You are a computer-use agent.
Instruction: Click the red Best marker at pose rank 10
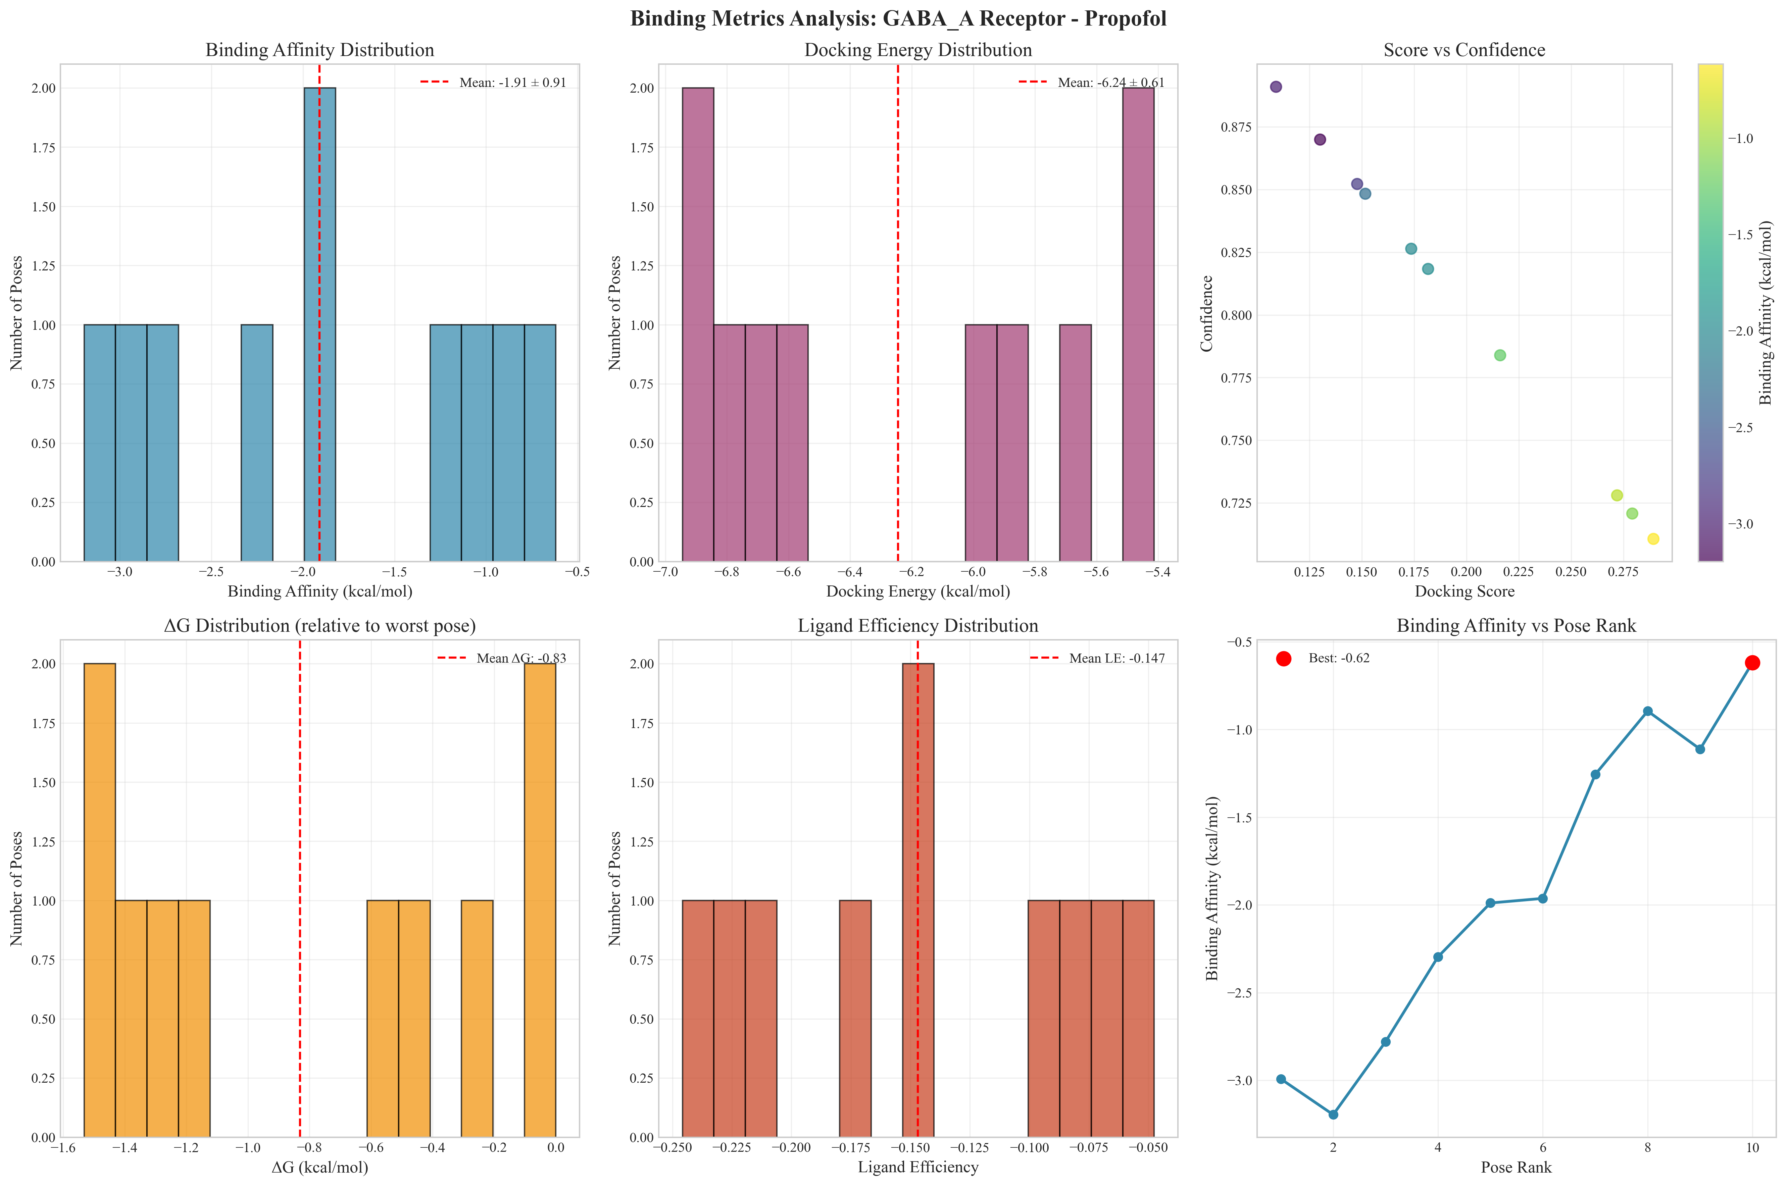1752,663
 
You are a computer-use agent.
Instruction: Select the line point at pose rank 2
1333,1114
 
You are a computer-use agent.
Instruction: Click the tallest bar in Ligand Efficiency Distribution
917,900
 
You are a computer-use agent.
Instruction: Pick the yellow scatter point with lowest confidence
1653,538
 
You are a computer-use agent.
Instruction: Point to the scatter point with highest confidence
1276,87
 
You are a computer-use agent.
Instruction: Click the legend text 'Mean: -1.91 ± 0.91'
512,83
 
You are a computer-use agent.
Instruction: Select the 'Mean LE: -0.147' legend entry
1117,658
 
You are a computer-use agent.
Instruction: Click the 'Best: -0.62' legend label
1339,658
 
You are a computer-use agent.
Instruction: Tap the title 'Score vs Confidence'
1464,50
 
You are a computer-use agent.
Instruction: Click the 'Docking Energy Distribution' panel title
917,50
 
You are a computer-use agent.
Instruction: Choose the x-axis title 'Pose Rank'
1516,1167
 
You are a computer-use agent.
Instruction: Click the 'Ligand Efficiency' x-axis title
917,1167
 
